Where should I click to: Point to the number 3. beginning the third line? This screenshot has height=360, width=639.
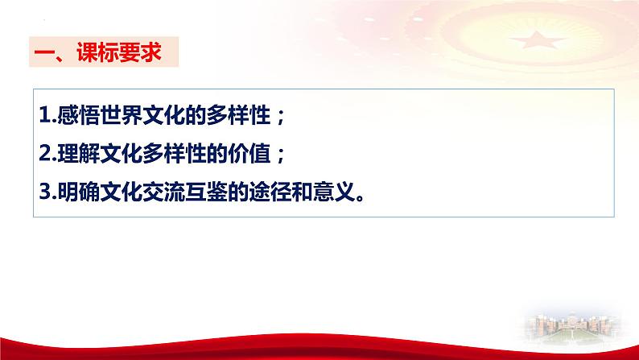46,195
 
